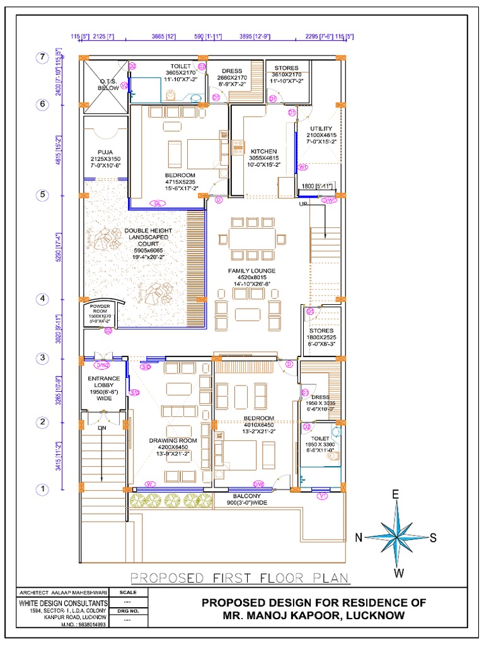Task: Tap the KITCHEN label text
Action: [x=264, y=152]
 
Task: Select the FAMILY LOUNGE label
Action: [x=251, y=270]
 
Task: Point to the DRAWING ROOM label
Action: [x=173, y=440]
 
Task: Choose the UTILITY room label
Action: [x=321, y=128]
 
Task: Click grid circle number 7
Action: [x=42, y=57]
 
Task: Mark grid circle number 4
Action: [x=42, y=299]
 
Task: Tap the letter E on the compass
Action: [x=396, y=494]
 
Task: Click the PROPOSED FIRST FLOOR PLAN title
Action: [x=239, y=578]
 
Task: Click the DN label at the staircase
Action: [x=102, y=428]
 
